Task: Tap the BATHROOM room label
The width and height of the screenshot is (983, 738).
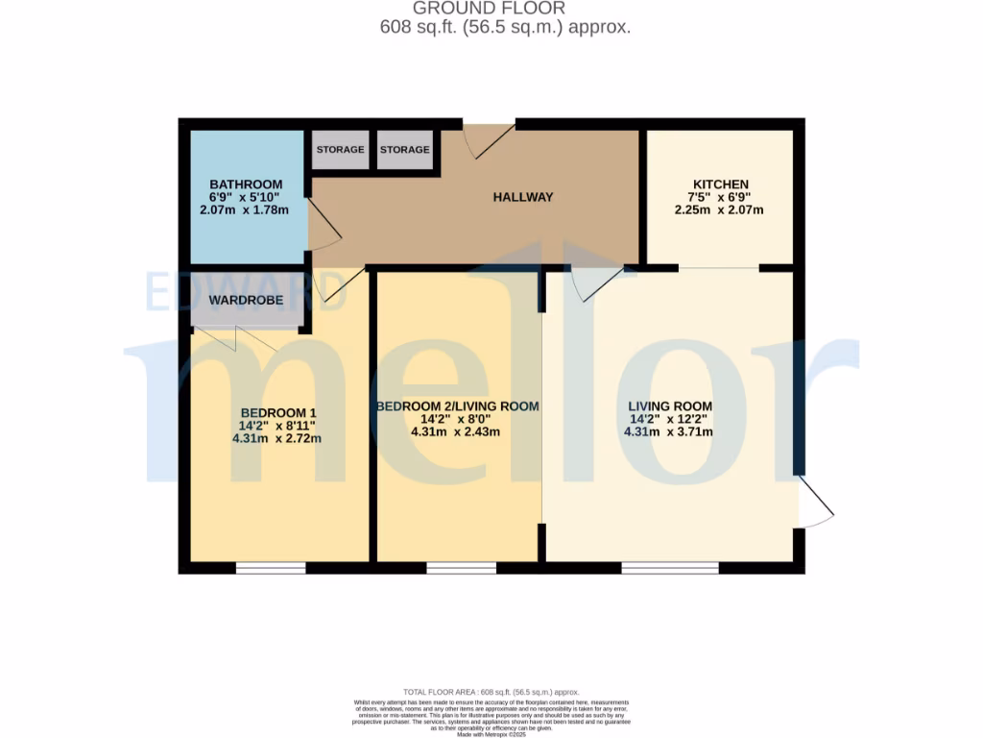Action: [246, 184]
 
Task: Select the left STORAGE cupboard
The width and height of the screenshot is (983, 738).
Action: [340, 150]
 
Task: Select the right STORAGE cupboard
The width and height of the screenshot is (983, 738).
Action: [405, 150]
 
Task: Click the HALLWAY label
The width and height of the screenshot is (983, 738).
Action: [523, 197]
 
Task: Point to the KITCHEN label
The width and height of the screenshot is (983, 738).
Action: [721, 184]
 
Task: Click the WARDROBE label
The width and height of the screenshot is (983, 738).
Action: [246, 301]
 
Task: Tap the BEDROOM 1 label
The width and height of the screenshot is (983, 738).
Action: [276, 411]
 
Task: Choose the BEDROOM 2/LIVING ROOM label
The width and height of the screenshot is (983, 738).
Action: [457, 406]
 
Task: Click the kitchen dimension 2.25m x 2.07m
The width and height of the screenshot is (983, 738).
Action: [721, 209]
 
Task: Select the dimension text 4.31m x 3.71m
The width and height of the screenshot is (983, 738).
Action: [668, 431]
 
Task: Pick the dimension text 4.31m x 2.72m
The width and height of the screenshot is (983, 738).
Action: [276, 438]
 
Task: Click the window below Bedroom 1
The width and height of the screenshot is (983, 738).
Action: [271, 568]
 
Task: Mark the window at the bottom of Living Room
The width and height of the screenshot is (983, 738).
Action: [670, 568]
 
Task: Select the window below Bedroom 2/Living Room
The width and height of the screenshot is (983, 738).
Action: [462, 568]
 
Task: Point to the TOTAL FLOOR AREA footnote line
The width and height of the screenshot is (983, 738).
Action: [491, 692]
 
